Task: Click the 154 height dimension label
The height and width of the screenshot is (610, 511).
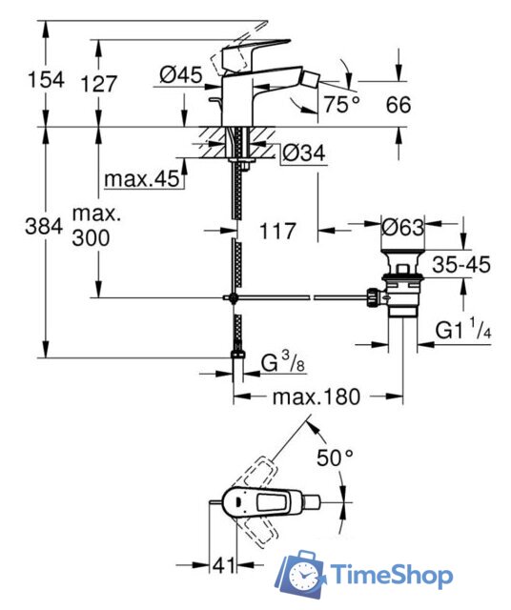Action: [x=46, y=80]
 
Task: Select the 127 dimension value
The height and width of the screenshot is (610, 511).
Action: [x=99, y=84]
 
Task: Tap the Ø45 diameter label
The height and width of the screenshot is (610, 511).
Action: [x=181, y=74]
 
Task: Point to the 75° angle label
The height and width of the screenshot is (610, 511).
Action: [x=342, y=104]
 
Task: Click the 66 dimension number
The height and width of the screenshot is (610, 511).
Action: [x=399, y=105]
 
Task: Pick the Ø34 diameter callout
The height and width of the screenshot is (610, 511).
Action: [x=304, y=153]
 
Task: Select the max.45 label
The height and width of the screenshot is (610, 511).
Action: [x=142, y=178]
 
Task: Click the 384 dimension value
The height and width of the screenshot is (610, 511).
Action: [x=44, y=226]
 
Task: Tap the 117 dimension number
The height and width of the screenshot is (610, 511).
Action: [x=277, y=231]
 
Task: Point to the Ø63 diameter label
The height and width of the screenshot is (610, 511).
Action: [x=403, y=227]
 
